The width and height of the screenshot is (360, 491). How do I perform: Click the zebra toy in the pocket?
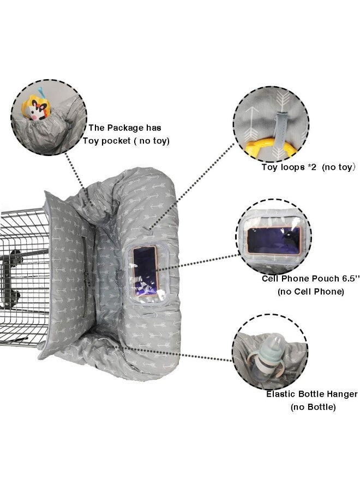tap(35, 107)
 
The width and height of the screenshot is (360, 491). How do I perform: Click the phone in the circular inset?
tap(274, 240)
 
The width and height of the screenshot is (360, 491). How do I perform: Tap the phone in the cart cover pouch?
tap(145, 271)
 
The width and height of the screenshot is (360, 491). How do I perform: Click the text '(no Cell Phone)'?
tap(310, 291)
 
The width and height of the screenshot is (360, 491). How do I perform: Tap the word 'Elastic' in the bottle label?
tap(281, 394)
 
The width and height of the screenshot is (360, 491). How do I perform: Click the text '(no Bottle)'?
tap(313, 407)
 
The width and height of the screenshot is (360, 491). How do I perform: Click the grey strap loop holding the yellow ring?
tap(280, 129)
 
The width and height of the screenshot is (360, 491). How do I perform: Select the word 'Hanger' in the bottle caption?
tap(341, 394)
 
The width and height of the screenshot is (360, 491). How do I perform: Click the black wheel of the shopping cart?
tap(15, 256)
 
